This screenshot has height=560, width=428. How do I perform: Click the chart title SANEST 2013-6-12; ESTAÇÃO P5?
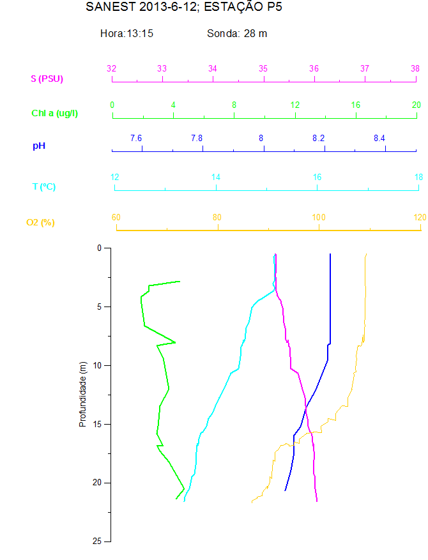[x=183, y=8]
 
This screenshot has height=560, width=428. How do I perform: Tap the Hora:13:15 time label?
[x=126, y=33]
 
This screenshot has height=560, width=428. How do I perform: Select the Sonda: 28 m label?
[x=237, y=33]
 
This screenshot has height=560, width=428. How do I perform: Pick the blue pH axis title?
[x=39, y=146]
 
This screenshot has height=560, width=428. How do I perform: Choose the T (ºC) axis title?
[x=44, y=186]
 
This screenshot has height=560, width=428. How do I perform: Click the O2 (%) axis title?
[x=40, y=222]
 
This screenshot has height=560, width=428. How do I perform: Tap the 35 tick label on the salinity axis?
[x=263, y=68]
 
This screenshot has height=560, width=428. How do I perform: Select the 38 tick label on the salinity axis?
[x=415, y=68]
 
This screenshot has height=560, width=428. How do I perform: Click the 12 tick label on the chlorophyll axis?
[x=295, y=105]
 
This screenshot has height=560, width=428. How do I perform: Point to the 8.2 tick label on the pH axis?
[x=318, y=138]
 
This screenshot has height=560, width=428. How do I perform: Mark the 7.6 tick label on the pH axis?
[x=136, y=138]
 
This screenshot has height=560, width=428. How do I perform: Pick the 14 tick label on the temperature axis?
[x=216, y=177]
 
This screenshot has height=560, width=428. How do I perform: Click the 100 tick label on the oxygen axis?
[x=318, y=217]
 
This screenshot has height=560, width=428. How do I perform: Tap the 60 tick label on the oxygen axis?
[x=116, y=217]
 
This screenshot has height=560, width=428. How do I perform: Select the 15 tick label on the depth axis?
[x=98, y=424]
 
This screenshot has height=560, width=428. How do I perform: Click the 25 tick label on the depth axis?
[x=98, y=541]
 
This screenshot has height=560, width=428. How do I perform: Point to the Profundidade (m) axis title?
[x=82, y=394]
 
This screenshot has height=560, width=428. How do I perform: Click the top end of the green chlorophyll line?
[x=180, y=281]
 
